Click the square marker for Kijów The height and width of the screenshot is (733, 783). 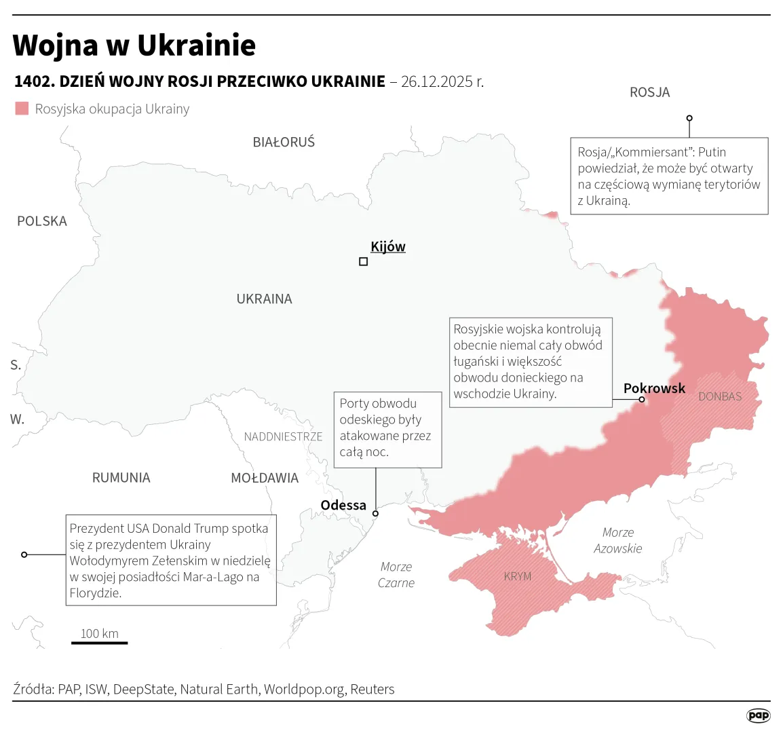363,261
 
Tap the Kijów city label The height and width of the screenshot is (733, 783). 388,246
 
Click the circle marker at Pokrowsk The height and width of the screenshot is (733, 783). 641,400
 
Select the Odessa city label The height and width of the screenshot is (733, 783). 343,505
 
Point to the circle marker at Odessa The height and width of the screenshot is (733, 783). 376,514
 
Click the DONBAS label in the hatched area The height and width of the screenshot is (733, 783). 720,396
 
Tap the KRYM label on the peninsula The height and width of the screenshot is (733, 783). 518,576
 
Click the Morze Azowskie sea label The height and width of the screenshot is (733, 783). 617,540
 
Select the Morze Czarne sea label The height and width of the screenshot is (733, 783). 396,574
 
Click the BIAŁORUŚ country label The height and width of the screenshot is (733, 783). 284,143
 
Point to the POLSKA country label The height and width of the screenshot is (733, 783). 42,221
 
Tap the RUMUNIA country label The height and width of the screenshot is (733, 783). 121,478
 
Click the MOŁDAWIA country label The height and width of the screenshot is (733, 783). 265,478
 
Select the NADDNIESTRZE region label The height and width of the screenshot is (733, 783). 283,436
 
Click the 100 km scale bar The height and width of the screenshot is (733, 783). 100,642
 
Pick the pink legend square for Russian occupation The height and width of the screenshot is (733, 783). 22,109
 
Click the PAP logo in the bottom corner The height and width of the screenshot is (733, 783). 758,715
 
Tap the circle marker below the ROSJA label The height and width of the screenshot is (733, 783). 689,118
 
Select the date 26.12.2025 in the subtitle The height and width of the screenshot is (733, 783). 436,81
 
